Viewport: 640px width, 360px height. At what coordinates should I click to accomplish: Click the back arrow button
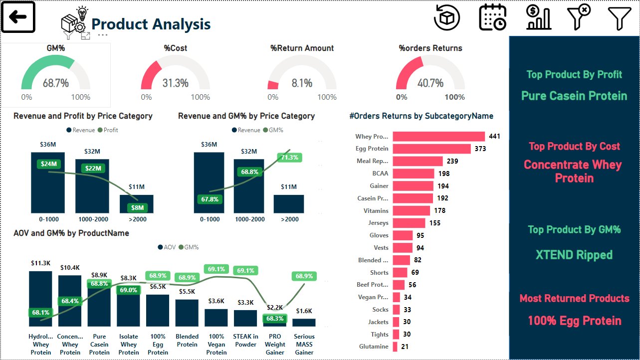click(18, 17)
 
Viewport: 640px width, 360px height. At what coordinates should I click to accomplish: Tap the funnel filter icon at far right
click(619, 18)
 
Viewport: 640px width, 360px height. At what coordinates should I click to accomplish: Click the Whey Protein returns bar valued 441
click(438, 137)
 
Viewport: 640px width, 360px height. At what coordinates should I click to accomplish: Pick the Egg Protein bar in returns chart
click(431, 149)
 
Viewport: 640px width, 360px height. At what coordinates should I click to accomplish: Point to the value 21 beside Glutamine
click(405, 347)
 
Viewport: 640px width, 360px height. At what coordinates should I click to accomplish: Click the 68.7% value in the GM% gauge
click(55, 83)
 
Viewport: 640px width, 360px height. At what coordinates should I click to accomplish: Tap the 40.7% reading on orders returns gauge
click(430, 83)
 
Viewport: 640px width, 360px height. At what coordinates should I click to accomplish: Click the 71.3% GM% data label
click(289, 158)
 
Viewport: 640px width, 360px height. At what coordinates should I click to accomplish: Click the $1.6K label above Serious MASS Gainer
click(304, 311)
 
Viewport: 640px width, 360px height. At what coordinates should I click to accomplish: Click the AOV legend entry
click(168, 247)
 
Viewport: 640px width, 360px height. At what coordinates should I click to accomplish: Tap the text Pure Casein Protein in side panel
click(574, 96)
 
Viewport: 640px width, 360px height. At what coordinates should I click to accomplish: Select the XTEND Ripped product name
click(574, 255)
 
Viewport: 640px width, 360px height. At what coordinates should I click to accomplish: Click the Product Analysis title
click(151, 24)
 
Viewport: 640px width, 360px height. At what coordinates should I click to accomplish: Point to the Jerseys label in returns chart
click(378, 223)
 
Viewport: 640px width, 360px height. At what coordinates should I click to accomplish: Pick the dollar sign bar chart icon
click(538, 18)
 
